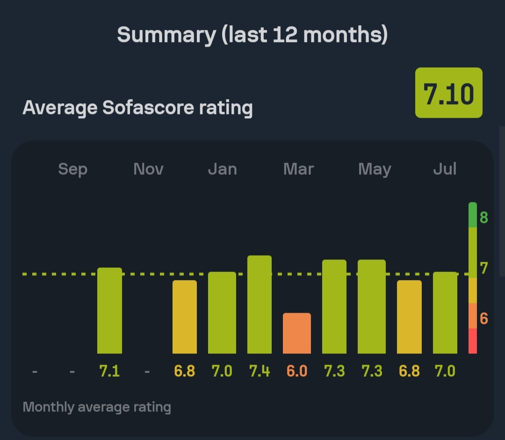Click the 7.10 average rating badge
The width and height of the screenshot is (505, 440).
[448, 93]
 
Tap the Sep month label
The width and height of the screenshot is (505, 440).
[72, 169]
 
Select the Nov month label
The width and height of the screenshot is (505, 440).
[148, 169]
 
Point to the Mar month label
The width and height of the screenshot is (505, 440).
[298, 169]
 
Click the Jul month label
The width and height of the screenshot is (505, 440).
[444, 169]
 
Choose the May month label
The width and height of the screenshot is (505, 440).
[374, 169]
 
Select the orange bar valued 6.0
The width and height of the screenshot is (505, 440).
[297, 333]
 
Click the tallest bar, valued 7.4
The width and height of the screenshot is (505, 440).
[260, 304]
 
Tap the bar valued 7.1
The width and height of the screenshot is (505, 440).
[109, 310]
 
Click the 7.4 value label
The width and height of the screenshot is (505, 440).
[260, 371]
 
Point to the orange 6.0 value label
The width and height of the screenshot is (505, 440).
[297, 371]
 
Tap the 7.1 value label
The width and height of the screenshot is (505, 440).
[109, 371]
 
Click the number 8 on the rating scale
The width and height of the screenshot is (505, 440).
[483, 217]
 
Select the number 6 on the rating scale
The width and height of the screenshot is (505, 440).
[483, 319]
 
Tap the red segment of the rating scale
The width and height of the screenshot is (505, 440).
[473, 341]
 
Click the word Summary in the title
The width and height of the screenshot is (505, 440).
[165, 35]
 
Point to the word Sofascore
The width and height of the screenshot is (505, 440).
[148, 108]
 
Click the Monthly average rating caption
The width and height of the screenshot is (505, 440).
[97, 407]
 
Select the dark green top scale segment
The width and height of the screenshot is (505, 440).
[473, 215]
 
